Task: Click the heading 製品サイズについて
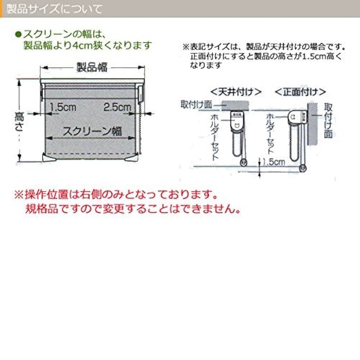[x=54, y=8]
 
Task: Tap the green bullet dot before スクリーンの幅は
[x=17, y=34]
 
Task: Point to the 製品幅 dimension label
[x=92, y=67]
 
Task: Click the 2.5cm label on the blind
[x=117, y=107]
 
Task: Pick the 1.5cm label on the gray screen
[x=62, y=107]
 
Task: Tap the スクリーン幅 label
[x=92, y=131]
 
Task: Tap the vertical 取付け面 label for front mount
[x=328, y=120]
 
